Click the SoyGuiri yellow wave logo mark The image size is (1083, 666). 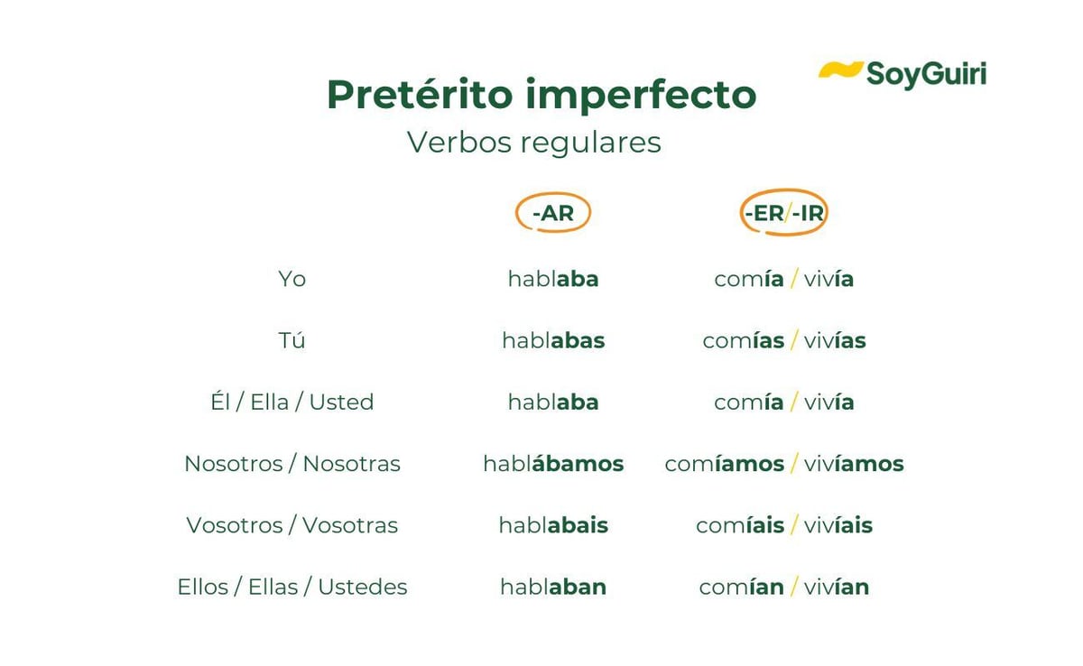click(840, 69)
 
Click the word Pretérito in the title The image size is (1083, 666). click(420, 94)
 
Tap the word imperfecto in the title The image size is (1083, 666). click(641, 96)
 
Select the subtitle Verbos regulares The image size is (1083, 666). click(533, 143)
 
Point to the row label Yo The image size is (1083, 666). click(292, 279)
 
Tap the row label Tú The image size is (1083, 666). click(292, 339)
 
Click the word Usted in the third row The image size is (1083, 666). click(341, 402)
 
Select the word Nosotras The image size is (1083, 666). click(351, 464)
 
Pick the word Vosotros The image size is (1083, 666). click(235, 525)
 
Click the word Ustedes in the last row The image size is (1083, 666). click(363, 587)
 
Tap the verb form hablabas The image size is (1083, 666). click(553, 340)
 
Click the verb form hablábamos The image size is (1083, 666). click(553, 463)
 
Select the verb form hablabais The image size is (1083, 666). click(553, 525)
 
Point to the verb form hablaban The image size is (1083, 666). click(553, 587)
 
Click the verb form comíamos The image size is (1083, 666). click(724, 464)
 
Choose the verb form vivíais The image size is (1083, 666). click(838, 525)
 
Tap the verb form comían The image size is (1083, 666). click(741, 587)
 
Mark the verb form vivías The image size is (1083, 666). click(835, 340)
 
